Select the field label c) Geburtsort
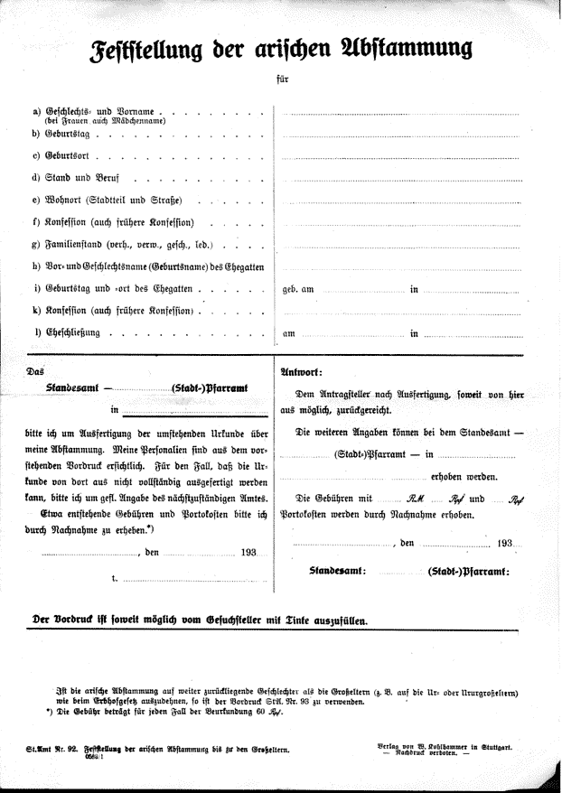(62, 155)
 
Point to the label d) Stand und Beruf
(81, 178)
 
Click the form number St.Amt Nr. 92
(52, 750)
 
